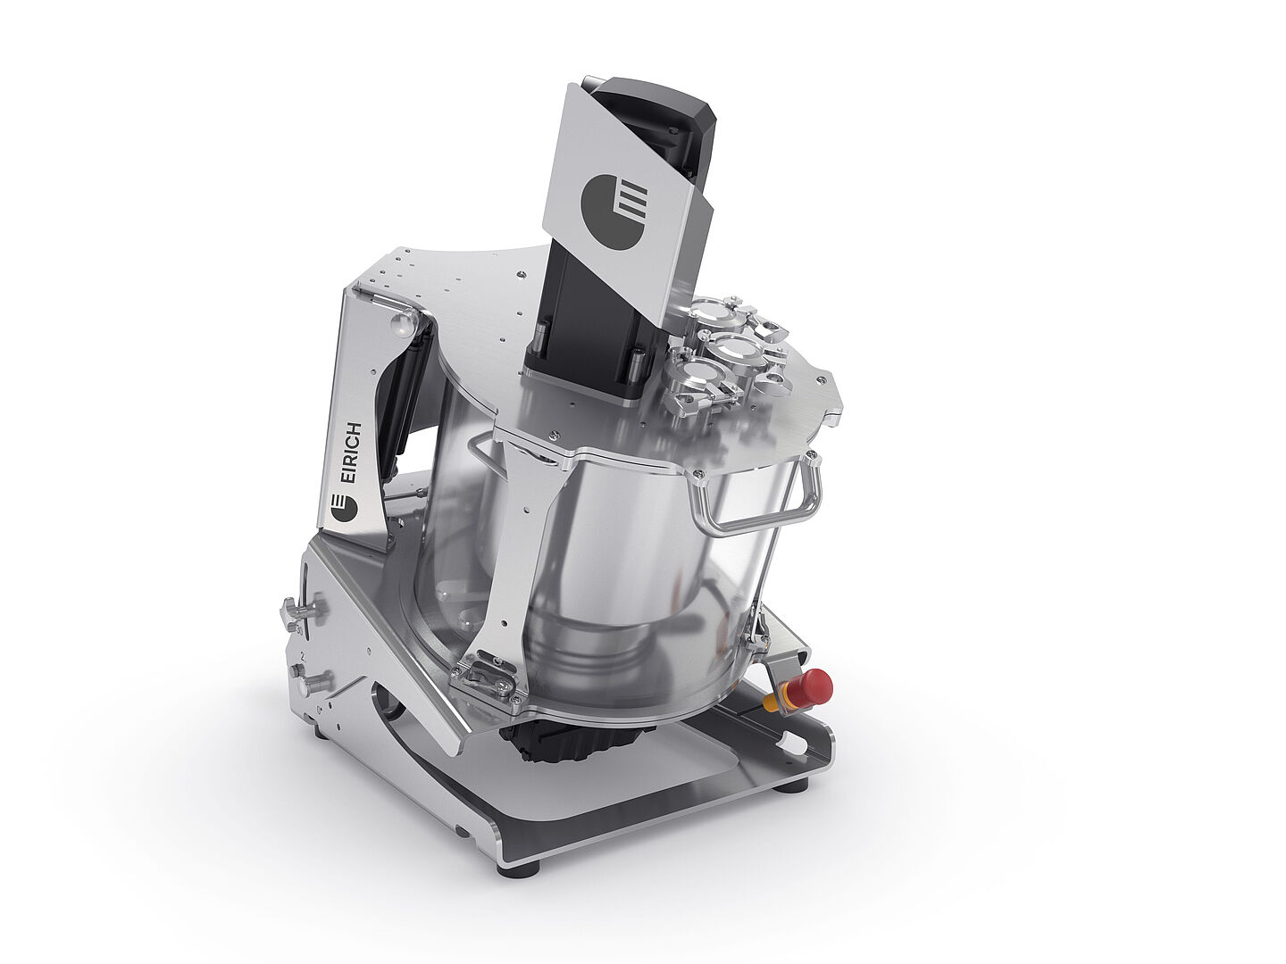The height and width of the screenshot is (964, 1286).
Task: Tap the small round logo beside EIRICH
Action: pyautogui.click(x=343, y=507)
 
